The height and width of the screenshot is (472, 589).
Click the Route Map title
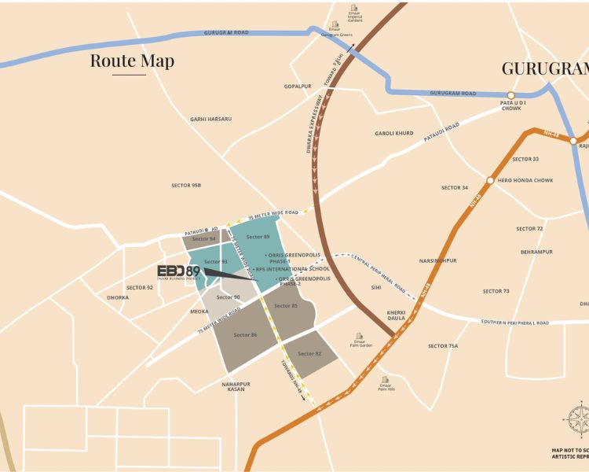pyautogui.click(x=132, y=61)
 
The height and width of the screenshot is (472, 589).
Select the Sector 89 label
pyautogui.click(x=258, y=237)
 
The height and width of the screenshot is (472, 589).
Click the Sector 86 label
pyautogui.click(x=245, y=335)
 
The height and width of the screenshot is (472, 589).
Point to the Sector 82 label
pyautogui.click(x=309, y=354)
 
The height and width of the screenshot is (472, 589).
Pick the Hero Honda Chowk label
pyautogui.click(x=525, y=180)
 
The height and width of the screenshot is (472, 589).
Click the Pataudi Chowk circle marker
pyautogui.click(x=511, y=94)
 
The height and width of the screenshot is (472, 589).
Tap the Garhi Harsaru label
pyautogui.click(x=210, y=119)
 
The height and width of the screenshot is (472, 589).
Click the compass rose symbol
pyautogui.click(x=578, y=417)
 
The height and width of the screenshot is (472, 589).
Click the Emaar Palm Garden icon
pyautogui.click(x=359, y=336)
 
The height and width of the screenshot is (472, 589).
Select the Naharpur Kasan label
pyautogui.click(x=236, y=386)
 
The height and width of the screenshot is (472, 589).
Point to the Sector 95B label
pyautogui.click(x=186, y=186)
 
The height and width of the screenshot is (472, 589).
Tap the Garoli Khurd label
pyautogui.click(x=393, y=133)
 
